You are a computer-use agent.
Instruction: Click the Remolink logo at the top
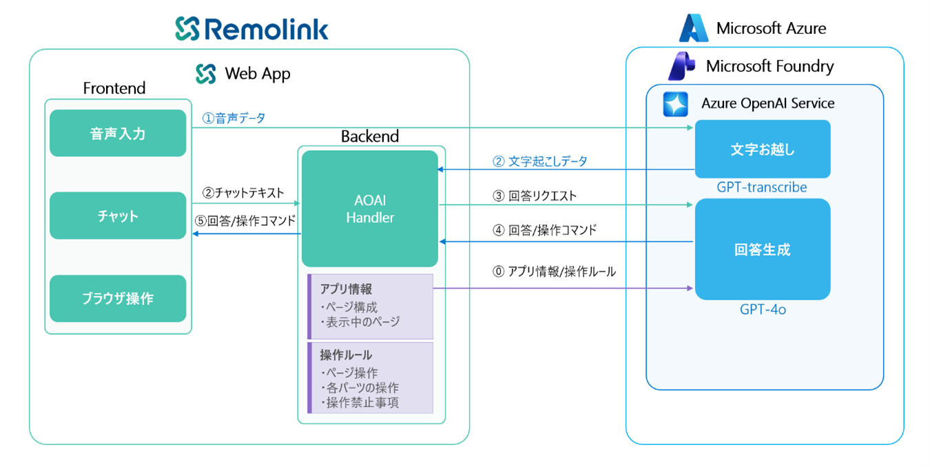[x=251, y=28]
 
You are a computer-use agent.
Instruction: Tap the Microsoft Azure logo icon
[x=693, y=28]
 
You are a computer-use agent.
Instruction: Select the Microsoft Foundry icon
[x=681, y=66]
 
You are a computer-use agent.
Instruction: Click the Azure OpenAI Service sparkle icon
[x=675, y=104]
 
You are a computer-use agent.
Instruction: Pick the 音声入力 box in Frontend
[x=118, y=133]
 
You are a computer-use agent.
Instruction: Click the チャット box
[x=118, y=216]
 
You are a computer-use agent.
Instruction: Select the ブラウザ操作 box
[x=118, y=298]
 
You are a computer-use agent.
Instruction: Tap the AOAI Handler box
[x=370, y=209]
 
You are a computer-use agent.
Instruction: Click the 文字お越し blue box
[x=762, y=149]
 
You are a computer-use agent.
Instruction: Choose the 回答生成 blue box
[x=762, y=249]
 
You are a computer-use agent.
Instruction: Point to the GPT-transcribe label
[x=761, y=187]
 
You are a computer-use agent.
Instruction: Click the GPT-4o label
[x=763, y=310]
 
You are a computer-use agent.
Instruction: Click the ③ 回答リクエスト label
[x=535, y=196]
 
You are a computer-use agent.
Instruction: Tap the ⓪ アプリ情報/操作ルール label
[x=554, y=272]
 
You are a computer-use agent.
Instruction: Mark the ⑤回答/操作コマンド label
[x=246, y=221]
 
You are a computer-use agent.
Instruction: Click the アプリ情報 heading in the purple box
[x=346, y=289]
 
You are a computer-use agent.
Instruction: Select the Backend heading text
[x=370, y=136]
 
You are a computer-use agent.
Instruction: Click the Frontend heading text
[x=114, y=88]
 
